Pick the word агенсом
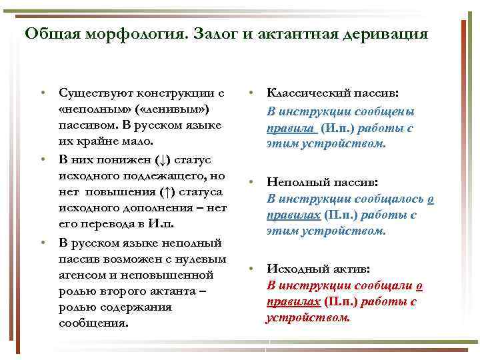(84, 275)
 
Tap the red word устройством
(307, 318)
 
